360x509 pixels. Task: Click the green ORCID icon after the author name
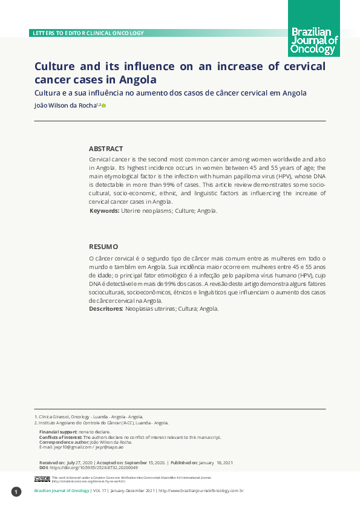[x=104, y=106]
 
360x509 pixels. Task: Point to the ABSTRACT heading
[x=106, y=149]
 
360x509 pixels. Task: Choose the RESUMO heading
[x=103, y=247]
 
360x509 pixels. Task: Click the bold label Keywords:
[x=104, y=211]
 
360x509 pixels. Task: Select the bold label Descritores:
[x=106, y=309]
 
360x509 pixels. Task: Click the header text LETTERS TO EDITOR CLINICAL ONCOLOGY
[x=88, y=33]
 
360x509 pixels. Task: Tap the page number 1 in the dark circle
[x=16, y=491]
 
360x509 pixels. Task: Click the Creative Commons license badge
[x=42, y=479]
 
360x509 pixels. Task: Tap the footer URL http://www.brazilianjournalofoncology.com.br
[x=200, y=491]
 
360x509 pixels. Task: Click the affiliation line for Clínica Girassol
[x=90, y=417]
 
